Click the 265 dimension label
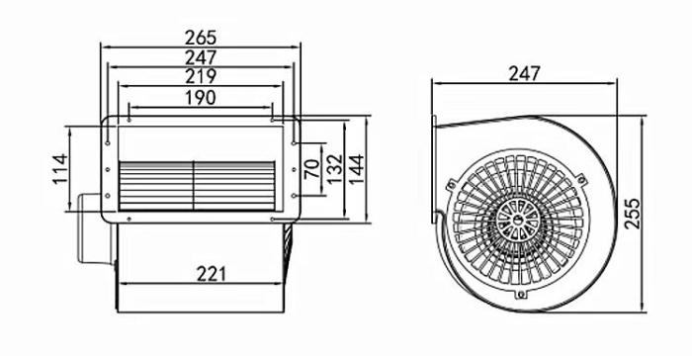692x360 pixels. coord(201,38)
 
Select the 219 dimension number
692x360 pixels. coord(201,76)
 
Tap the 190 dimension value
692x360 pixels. coord(201,98)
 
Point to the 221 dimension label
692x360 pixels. coord(211,274)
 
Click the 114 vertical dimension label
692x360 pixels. coord(60,169)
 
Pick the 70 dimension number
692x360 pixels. coord(312,168)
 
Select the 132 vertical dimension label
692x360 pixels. coord(334,169)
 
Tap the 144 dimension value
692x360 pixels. coord(356,169)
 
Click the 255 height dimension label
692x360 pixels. coord(632,214)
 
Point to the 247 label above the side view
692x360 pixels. coord(524,74)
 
